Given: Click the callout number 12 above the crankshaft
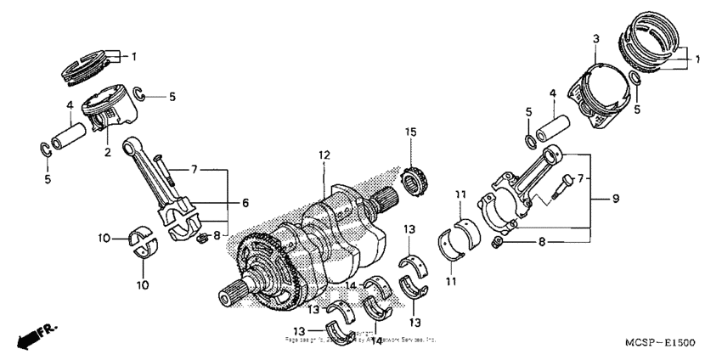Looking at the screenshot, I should click(x=324, y=155).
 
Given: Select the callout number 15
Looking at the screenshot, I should click(x=411, y=132).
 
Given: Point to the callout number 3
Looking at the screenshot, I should click(x=596, y=39).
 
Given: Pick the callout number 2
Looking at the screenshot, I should click(x=108, y=153).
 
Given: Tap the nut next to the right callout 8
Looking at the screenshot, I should click(x=500, y=245).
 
